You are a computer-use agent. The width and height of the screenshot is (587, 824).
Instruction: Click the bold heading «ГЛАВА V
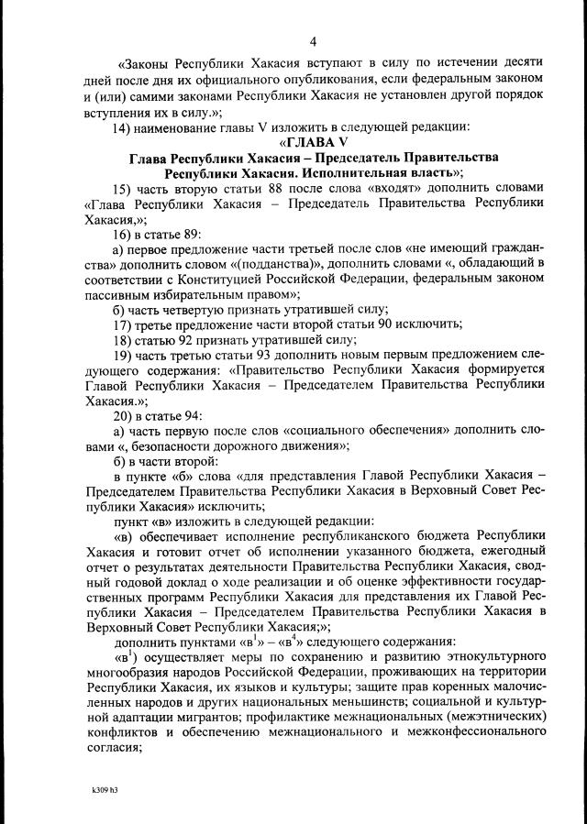pos(312,141)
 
